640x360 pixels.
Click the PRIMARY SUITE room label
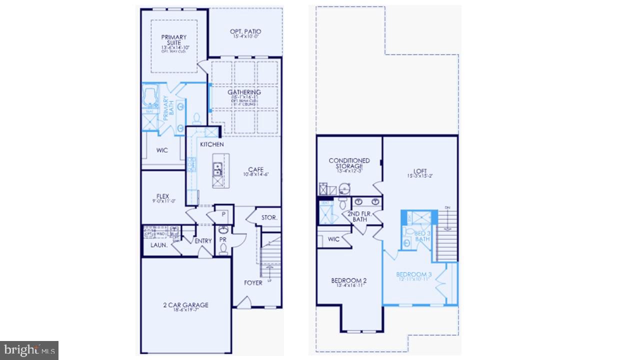(x=173, y=40)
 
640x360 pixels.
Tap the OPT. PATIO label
(x=245, y=31)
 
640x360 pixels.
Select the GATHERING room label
(x=244, y=92)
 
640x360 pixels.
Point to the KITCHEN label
(x=212, y=144)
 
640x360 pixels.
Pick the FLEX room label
(x=162, y=196)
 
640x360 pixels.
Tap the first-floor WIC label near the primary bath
(x=162, y=150)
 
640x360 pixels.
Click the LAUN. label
(x=159, y=245)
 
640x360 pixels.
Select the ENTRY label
(x=203, y=241)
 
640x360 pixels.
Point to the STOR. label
(x=269, y=218)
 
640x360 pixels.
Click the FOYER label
(x=253, y=283)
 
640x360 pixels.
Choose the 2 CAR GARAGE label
(x=185, y=305)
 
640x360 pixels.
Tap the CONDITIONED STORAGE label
(x=349, y=163)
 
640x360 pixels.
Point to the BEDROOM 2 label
(x=349, y=280)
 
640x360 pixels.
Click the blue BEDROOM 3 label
(x=413, y=274)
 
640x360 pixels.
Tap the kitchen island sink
(x=217, y=169)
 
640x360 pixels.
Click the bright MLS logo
(x=29, y=349)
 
